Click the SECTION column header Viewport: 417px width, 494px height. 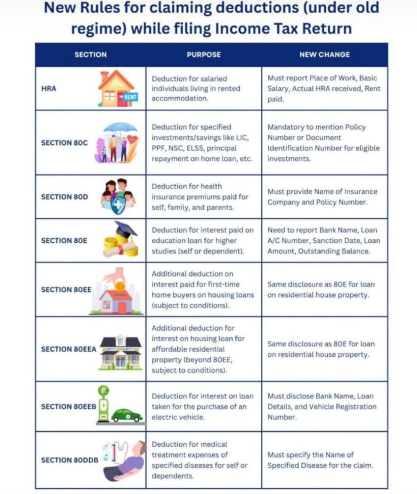(x=91, y=55)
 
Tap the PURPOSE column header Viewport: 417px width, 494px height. (x=204, y=55)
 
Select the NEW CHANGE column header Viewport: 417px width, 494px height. (x=324, y=55)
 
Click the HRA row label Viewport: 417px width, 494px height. (x=49, y=88)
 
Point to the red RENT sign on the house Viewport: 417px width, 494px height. (x=129, y=97)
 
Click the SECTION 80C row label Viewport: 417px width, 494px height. (x=64, y=143)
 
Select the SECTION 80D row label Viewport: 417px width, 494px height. (x=64, y=197)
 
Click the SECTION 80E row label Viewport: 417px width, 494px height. (x=64, y=240)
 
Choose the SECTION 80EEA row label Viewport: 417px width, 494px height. (x=69, y=349)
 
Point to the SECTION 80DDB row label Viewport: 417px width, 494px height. (x=69, y=460)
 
